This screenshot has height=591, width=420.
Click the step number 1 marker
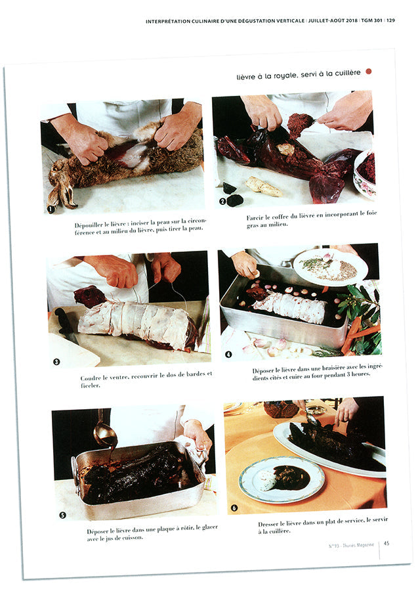(50, 209)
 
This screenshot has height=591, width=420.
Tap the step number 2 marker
(222, 202)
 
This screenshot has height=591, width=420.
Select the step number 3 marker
(56, 361)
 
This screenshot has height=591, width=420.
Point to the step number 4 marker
(228, 355)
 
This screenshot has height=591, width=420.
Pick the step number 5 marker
(63, 515)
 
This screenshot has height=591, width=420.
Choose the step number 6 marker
(235, 508)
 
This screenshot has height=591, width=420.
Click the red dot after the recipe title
(369, 72)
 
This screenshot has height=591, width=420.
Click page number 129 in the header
(390, 21)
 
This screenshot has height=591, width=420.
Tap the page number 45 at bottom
(387, 542)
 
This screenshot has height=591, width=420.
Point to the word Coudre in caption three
(92, 378)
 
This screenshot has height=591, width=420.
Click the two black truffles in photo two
(232, 195)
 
